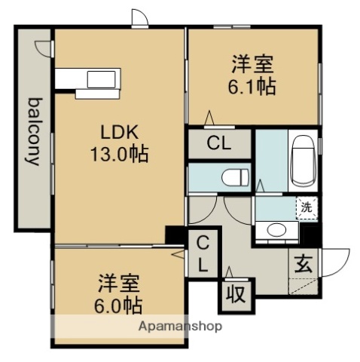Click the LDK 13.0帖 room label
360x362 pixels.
[x=120, y=143]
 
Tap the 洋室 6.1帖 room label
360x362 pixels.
[x=253, y=75]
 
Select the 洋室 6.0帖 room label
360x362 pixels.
[x=119, y=295]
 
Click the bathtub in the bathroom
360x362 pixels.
[x=304, y=161]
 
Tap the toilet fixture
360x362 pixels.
[x=236, y=177]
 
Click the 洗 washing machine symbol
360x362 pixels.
[x=307, y=206]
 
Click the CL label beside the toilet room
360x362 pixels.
[x=219, y=143]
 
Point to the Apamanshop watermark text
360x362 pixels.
[x=178, y=327]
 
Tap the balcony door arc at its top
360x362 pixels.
[x=43, y=47]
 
